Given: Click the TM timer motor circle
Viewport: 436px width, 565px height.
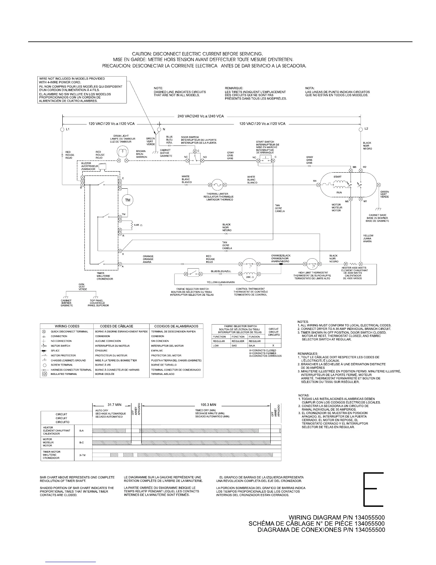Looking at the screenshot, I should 127,200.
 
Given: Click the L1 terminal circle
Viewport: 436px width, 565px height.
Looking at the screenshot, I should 63,129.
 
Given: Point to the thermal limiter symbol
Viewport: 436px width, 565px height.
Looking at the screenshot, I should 217,184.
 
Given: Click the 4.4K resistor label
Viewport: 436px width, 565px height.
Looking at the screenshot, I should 138,225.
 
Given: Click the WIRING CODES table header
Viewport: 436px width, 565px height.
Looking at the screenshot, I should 67,326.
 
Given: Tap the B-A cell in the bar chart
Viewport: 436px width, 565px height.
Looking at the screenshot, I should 82,431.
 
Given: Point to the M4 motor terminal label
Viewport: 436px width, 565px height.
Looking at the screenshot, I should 315,181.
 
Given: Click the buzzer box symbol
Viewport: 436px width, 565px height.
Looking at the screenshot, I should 103,167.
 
